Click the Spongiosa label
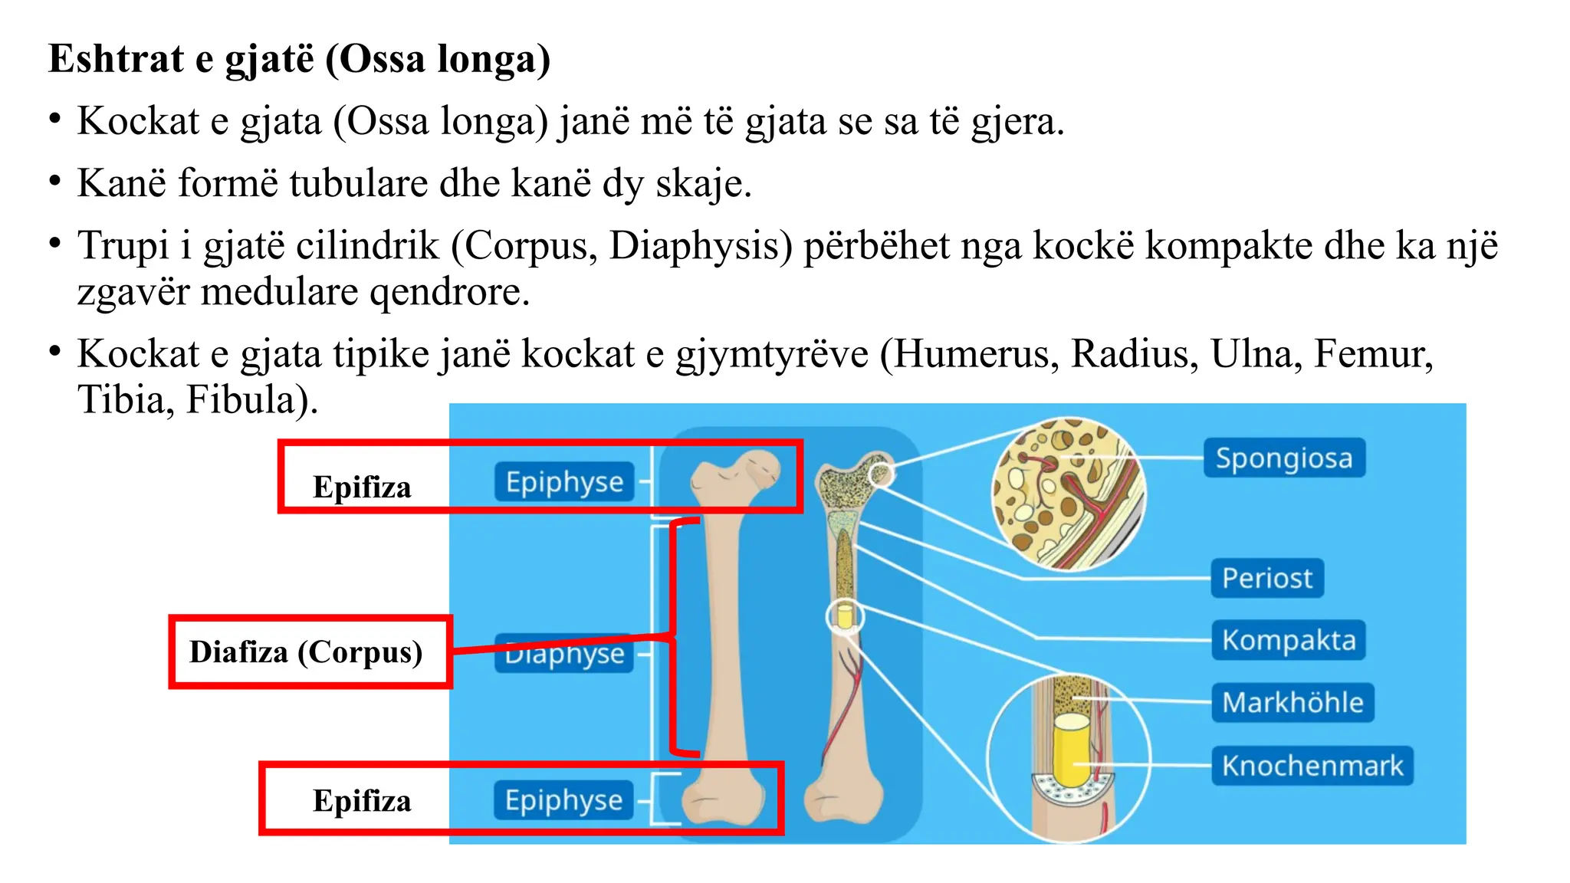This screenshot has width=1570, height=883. (1284, 458)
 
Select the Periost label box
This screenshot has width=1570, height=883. (1267, 578)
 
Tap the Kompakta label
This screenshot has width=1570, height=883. (1289, 640)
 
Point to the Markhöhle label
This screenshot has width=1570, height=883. (1292, 702)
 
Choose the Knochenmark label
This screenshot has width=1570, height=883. (1312, 765)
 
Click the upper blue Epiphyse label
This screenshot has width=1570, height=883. (564, 482)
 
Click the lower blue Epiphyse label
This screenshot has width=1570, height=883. (563, 799)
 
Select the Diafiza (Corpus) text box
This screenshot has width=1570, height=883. (307, 652)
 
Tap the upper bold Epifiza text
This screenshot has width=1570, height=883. (362, 487)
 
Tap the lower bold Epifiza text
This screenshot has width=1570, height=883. (362, 801)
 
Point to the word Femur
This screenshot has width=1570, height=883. (1373, 354)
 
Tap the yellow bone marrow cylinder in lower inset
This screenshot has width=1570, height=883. (1070, 747)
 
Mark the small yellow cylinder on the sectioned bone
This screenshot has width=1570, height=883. (845, 616)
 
